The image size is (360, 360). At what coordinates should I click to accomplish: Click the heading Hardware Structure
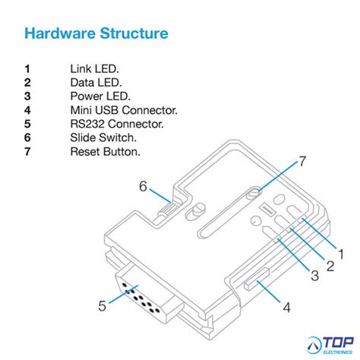[x=96, y=34]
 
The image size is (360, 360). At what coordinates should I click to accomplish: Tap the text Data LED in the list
[x=96, y=82]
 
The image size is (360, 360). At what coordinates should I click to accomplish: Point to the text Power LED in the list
[x=100, y=96]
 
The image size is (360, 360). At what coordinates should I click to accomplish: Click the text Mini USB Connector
[x=124, y=110]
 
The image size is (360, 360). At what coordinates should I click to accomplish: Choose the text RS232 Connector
[x=116, y=124]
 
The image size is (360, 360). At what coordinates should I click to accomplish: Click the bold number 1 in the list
[x=27, y=68]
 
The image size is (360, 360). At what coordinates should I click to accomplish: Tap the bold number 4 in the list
[x=27, y=110]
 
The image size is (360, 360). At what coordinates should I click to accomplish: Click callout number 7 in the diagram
[x=302, y=161]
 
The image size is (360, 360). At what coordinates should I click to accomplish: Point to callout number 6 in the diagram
[x=142, y=186]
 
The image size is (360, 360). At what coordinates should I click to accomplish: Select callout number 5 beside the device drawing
[x=102, y=306]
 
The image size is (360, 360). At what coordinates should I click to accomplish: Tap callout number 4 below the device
[x=286, y=308]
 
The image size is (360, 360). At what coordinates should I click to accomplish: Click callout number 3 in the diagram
[x=314, y=276]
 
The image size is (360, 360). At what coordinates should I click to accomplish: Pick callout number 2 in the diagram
[x=330, y=265]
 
